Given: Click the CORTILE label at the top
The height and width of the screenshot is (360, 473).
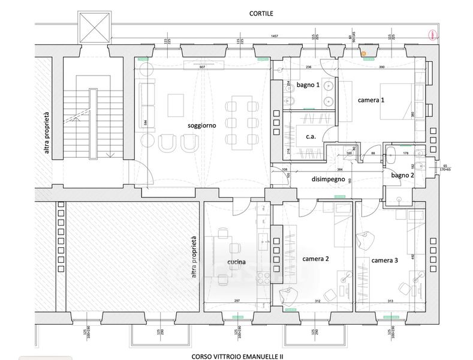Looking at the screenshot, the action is (261, 13).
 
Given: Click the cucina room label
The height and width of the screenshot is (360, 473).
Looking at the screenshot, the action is (237, 262).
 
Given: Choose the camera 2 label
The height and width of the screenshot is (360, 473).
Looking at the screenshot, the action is (316, 259).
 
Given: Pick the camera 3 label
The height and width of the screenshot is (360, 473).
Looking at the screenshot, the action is (384, 260).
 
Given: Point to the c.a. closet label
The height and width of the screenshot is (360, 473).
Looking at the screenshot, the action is (311, 136).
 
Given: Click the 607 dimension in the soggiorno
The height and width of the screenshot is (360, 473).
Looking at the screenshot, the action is (202, 67).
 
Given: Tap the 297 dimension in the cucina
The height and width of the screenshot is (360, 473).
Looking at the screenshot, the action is (237, 301).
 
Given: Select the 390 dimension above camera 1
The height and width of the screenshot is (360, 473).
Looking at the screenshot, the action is (381, 67).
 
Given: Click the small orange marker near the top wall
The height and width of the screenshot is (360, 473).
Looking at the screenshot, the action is (363, 53).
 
